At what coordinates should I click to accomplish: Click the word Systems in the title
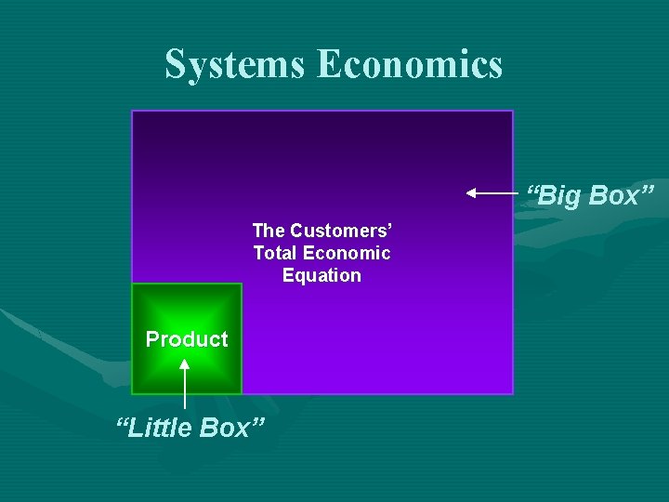236,64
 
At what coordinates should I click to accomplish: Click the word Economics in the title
410,64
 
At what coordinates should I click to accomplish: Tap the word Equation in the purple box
321,275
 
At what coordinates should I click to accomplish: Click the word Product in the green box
187,339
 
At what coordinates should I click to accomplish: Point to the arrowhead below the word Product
185,364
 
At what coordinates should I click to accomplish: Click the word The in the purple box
269,230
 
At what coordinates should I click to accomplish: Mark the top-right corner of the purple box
513,111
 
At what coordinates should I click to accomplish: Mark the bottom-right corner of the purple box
513,394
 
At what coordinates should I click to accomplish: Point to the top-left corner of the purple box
132,111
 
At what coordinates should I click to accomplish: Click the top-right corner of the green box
242,284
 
